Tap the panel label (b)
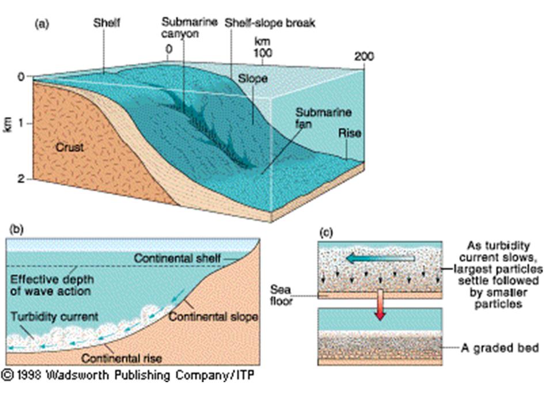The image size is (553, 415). point(15,229)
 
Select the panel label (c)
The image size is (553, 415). point(326,233)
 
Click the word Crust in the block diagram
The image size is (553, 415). point(70,148)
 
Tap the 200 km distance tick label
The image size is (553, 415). point(364,56)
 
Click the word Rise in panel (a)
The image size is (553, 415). point(350,134)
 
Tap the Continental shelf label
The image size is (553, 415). point(177,259)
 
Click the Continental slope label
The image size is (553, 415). point(213,317)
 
